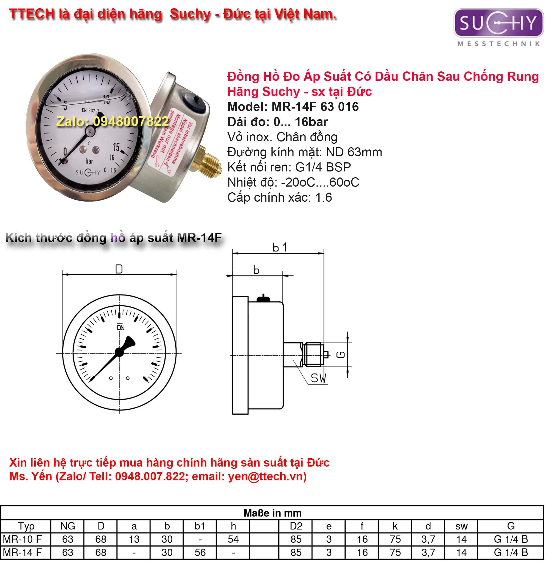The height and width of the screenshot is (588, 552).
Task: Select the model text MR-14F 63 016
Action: [315, 107]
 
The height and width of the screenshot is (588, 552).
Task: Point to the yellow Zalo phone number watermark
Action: [113, 121]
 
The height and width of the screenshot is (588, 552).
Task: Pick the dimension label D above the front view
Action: [119, 269]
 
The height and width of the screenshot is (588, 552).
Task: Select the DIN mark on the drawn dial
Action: [121, 328]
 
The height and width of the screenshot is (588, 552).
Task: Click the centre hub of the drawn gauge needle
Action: [119, 352]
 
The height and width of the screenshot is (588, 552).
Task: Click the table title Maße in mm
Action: [273, 513]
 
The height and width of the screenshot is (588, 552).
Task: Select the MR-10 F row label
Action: [23, 539]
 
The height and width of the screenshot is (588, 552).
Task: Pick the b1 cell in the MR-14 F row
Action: [200, 553]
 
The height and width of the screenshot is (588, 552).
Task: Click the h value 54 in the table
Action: [233, 539]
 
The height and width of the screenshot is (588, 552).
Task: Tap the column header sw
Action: [461, 526]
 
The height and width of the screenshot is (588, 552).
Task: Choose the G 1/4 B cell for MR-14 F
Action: [511, 553]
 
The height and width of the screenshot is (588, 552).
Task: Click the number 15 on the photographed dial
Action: [116, 147]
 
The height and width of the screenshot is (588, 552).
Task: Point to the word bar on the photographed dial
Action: [89, 161]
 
